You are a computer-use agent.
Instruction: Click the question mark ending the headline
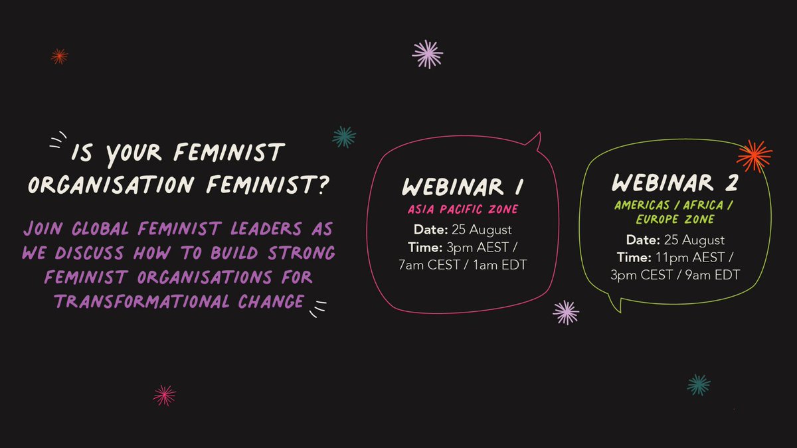coord(320,184)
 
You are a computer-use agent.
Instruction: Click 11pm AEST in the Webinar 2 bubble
coord(692,257)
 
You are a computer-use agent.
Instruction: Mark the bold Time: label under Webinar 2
coord(636,257)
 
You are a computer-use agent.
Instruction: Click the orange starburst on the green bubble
coord(754,156)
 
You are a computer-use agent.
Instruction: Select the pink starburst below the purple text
coord(164,396)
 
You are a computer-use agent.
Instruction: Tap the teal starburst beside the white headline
coord(344,137)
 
